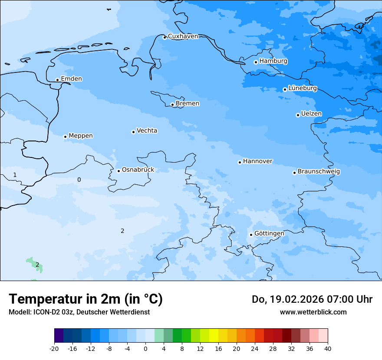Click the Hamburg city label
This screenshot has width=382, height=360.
click(x=273, y=61)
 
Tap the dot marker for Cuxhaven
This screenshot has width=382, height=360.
click(x=165, y=37)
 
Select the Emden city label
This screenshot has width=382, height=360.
click(x=71, y=79)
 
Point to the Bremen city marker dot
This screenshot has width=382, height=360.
click(x=172, y=105)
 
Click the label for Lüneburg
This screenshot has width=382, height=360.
click(x=302, y=88)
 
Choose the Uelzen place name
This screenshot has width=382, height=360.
click(x=311, y=114)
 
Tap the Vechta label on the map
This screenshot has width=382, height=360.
click(x=147, y=131)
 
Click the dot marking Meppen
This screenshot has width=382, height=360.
click(x=65, y=137)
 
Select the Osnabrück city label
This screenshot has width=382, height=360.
click(x=138, y=170)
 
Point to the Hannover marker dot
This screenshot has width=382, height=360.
click(x=240, y=162)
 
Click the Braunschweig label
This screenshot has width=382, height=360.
click(x=319, y=171)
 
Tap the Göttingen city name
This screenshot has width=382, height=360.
click(x=269, y=233)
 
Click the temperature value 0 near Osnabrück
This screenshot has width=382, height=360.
click(x=79, y=180)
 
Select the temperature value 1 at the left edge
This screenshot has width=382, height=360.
click(x=15, y=175)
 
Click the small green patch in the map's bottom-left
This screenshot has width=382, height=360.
click(x=33, y=262)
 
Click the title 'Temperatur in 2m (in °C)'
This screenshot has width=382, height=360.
click(x=86, y=299)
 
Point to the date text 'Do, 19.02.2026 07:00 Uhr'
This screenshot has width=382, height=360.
click(x=312, y=299)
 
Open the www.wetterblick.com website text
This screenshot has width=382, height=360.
click(x=313, y=312)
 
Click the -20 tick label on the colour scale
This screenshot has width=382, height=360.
click(x=54, y=348)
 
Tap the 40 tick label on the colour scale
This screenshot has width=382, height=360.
click(x=328, y=348)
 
